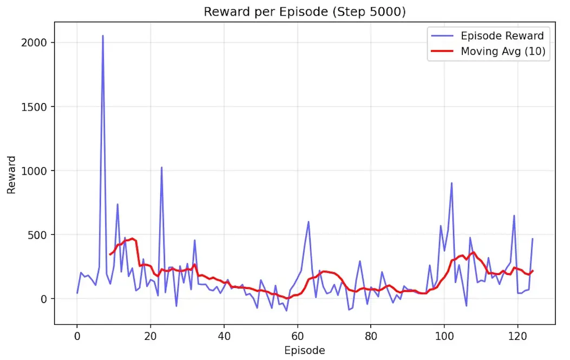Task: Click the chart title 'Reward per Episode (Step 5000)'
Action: coord(304,12)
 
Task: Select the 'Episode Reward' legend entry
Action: coord(502,36)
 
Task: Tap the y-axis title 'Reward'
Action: coord(11,175)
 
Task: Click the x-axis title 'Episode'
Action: coord(304,350)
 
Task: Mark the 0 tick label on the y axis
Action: coord(44,299)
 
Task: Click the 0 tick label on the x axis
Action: coord(77,335)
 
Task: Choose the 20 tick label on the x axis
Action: coord(150,335)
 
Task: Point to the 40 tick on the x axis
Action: coord(224,335)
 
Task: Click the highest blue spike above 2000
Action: coord(103,36)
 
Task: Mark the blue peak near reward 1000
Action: coord(161,167)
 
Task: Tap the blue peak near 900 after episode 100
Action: coord(451,183)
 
